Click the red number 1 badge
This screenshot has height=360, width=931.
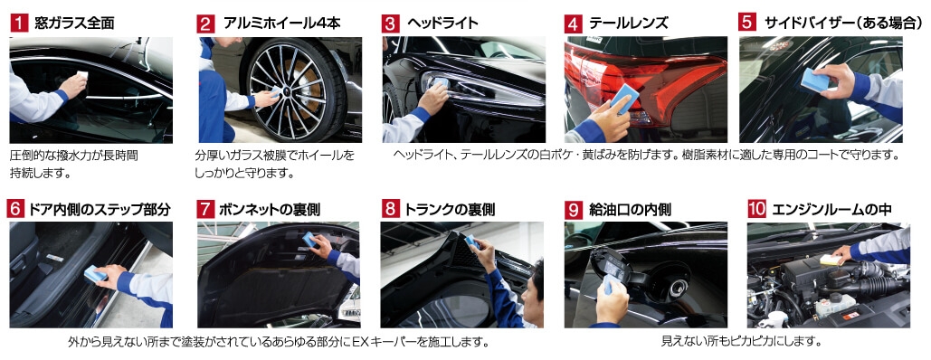19,24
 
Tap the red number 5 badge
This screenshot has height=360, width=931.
747,22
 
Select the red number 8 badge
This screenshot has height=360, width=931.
390,210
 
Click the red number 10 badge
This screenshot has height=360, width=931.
756,209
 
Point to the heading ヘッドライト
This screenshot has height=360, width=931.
442,24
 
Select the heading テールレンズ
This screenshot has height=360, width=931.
629,24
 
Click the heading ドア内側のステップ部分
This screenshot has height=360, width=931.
100,210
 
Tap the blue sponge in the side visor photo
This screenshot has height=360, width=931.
814,81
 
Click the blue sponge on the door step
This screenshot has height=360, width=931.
95,273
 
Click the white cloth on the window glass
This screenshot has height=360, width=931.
82,76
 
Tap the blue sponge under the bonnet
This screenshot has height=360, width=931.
309,239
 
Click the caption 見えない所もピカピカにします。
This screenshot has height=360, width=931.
741,343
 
